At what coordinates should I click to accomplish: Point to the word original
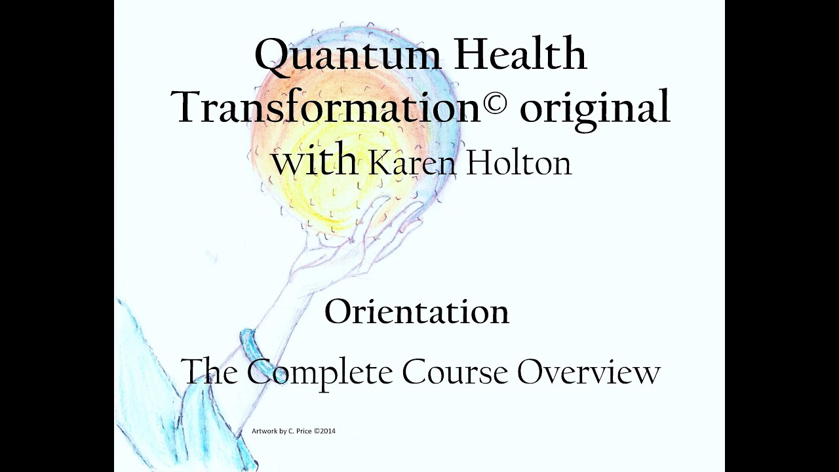point(595,108)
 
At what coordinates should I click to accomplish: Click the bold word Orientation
point(417,312)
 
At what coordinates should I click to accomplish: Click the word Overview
point(589,372)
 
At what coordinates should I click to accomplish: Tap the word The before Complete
point(210,372)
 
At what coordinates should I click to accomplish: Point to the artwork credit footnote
point(294,431)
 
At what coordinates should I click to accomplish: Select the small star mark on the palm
point(352,241)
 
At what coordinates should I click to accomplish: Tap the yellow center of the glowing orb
point(328,177)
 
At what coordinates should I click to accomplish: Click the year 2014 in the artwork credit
point(328,431)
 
